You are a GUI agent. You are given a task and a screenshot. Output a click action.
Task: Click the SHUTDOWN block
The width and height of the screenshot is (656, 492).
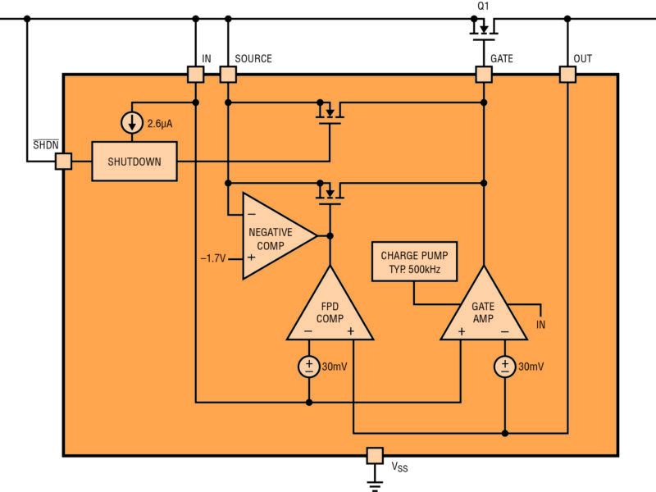[134, 162]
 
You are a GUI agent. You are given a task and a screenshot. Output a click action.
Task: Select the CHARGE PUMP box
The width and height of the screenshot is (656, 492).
[414, 262]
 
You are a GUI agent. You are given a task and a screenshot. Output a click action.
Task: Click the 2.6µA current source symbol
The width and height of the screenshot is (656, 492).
[133, 124]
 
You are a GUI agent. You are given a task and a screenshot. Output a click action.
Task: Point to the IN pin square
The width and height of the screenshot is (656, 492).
[195, 75]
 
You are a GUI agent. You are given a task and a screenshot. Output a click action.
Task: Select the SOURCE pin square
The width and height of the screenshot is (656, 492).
[228, 75]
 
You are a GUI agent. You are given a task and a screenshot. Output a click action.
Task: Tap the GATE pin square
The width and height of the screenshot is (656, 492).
[484, 75]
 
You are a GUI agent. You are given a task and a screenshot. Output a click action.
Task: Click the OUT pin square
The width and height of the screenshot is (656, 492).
[567, 75]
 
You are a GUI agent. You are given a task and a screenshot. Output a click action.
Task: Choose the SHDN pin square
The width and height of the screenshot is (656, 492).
[63, 162]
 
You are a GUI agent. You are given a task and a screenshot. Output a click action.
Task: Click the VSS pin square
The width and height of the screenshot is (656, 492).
[375, 455]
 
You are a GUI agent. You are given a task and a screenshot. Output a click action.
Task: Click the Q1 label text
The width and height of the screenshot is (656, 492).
[484, 7]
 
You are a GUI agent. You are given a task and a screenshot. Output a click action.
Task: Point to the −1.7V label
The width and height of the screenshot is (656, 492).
[214, 258]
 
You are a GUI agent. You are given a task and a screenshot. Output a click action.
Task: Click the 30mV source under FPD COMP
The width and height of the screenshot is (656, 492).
[309, 367]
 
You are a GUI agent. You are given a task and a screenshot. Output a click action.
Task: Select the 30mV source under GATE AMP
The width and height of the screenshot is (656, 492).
[505, 367]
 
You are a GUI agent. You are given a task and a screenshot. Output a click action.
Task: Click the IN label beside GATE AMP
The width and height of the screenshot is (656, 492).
[541, 325]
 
